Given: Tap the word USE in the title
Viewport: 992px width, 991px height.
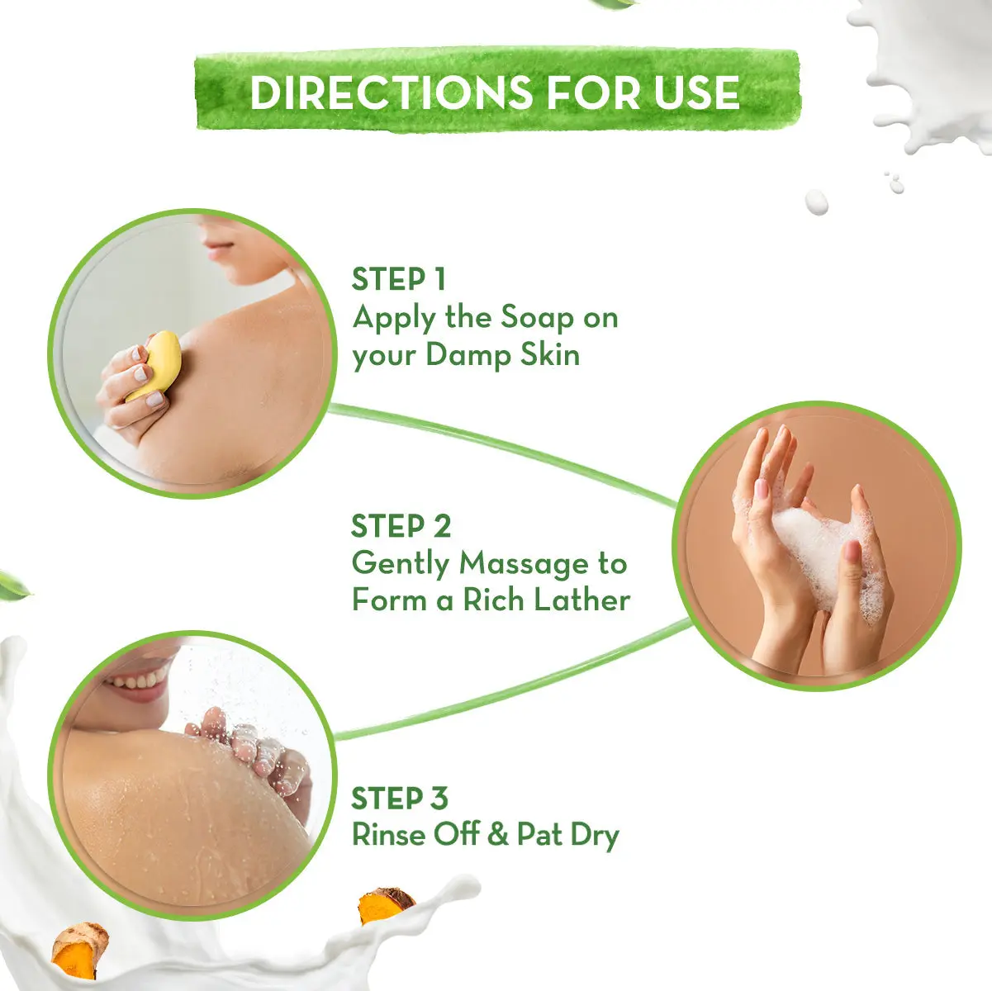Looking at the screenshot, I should (x=697, y=92).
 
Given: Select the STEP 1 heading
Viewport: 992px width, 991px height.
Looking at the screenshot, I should (x=398, y=279).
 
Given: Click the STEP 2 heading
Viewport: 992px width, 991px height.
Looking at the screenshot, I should (x=401, y=526).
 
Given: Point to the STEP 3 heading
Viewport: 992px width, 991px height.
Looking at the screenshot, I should (x=399, y=799).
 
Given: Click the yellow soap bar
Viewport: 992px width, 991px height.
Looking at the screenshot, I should (x=156, y=364).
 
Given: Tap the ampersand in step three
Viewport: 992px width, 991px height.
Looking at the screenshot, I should (x=497, y=835).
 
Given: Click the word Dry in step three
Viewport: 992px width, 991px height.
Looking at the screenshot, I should (x=594, y=836).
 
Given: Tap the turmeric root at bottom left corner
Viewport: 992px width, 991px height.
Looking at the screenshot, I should (x=79, y=950).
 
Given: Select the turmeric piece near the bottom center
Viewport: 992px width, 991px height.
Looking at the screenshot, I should (x=385, y=905).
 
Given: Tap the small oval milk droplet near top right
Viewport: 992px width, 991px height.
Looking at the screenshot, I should (x=816, y=202).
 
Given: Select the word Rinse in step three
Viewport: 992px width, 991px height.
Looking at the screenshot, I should (x=387, y=835).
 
